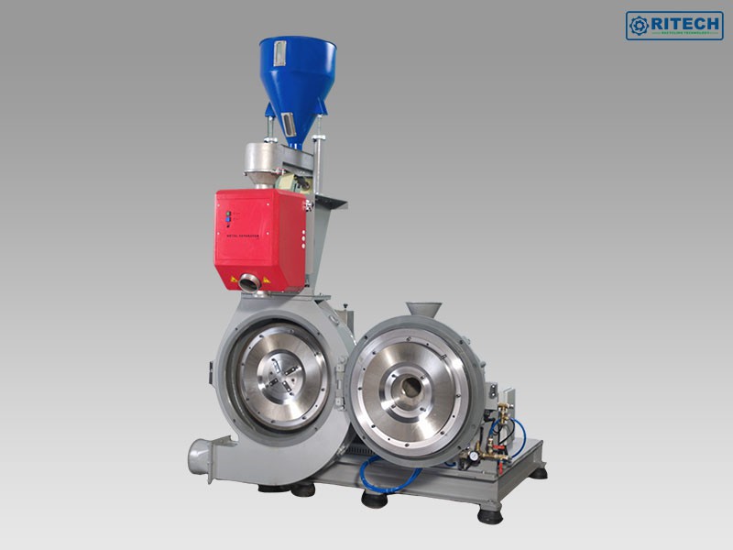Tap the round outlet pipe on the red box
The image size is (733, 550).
point(249,282)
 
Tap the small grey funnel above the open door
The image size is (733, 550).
point(422,312)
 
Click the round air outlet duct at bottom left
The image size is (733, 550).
point(199,456)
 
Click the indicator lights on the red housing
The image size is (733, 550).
point(228,217)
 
